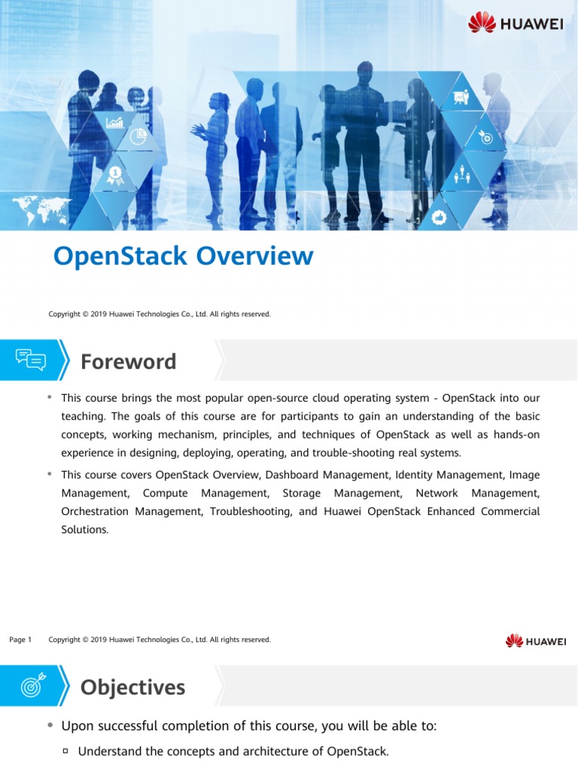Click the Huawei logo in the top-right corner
tap(516, 23)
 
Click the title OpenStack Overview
tap(183, 256)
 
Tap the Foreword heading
tap(128, 362)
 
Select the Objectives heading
tap(132, 687)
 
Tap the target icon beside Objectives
tap(31, 686)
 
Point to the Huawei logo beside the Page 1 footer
tap(535, 641)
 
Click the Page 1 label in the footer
tap(20, 640)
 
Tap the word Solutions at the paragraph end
tap(84, 529)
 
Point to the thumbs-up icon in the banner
tap(440, 217)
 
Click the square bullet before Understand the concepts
tap(65, 750)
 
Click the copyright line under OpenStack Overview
tap(160, 314)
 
